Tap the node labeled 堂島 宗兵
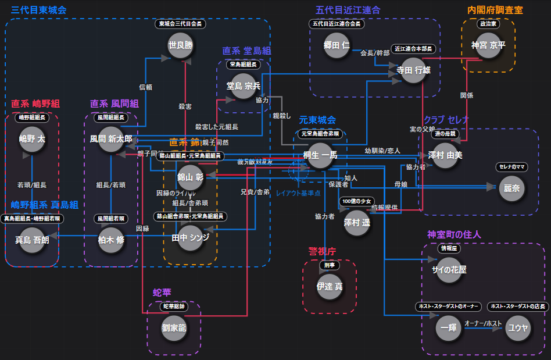click(x=244, y=85)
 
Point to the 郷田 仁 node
click(x=337, y=45)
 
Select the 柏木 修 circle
click(x=112, y=239)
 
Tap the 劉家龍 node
click(x=174, y=327)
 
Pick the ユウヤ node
click(x=518, y=327)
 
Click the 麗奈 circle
click(x=512, y=188)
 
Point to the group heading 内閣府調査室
click(x=495, y=10)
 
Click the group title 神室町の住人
click(x=454, y=234)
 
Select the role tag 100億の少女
click(x=357, y=201)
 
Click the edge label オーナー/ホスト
click(x=482, y=323)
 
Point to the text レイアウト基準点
click(x=298, y=193)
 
